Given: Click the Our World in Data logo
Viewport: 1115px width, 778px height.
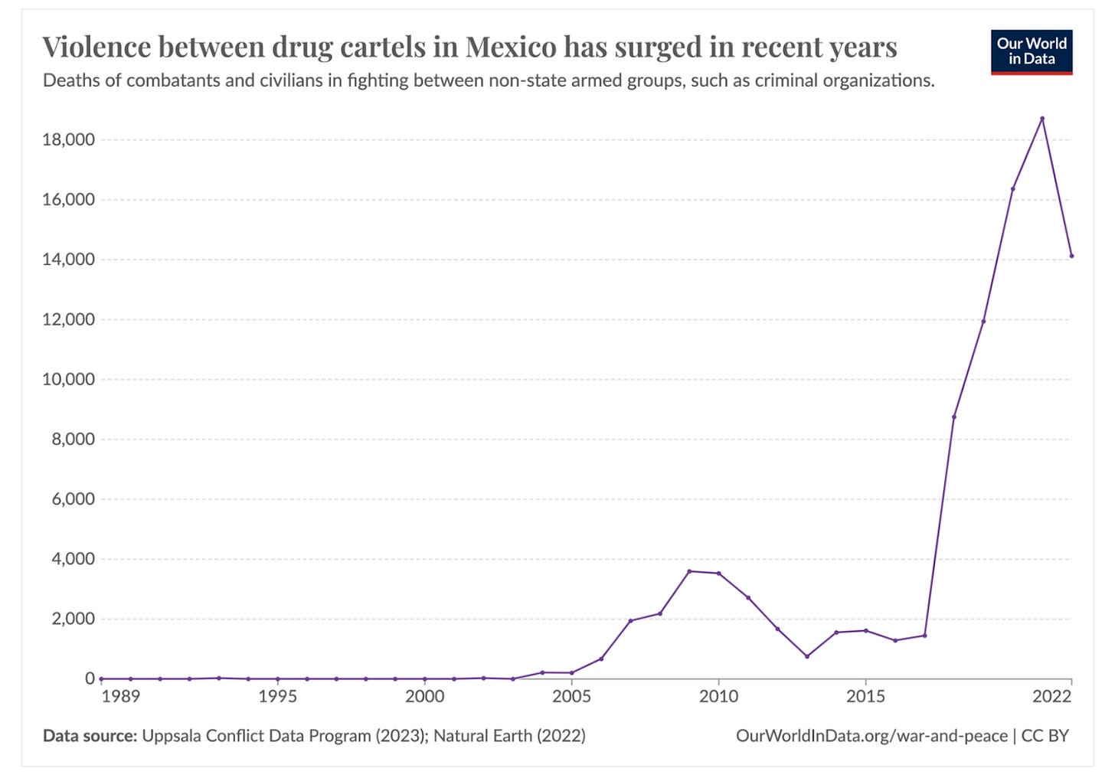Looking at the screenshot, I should click(1031, 52).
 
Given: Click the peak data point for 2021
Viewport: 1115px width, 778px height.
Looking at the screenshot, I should click(1041, 119).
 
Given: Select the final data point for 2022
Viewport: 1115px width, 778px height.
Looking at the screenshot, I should click(1071, 256).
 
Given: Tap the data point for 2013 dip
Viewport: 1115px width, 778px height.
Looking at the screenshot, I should click(806, 656).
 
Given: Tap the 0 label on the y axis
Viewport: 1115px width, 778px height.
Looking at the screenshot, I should click(90, 678).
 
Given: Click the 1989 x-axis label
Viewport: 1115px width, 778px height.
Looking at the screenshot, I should click(121, 696).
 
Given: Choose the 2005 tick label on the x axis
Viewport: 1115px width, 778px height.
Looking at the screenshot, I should click(571, 696).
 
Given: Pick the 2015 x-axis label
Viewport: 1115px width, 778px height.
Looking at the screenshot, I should click(865, 696).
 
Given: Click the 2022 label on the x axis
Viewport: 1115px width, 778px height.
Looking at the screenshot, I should click(1051, 696).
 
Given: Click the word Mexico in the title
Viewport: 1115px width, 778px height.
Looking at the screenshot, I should click(511, 47).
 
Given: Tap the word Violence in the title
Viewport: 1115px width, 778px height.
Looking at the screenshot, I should click(96, 47).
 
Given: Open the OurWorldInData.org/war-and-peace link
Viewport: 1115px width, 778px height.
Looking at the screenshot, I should click(871, 736).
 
